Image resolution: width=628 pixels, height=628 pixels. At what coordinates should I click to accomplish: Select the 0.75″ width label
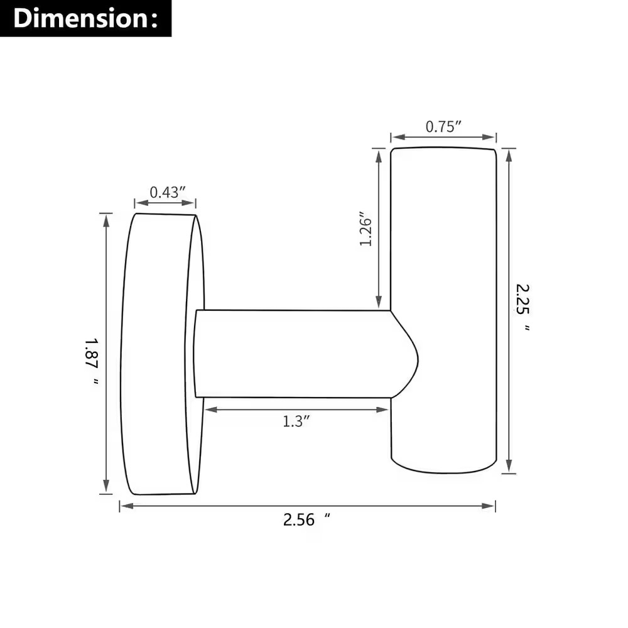443,127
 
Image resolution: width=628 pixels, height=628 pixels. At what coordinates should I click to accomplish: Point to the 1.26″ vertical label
365,229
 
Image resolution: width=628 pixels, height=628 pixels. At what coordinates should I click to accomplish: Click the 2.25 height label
522,307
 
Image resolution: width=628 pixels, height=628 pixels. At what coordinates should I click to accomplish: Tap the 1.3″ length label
296,421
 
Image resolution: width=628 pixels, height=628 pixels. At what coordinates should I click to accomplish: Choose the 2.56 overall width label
306,519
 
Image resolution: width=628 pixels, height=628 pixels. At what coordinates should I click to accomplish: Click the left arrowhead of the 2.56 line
127,506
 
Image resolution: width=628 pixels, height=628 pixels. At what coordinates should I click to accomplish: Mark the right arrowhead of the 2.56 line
489,506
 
